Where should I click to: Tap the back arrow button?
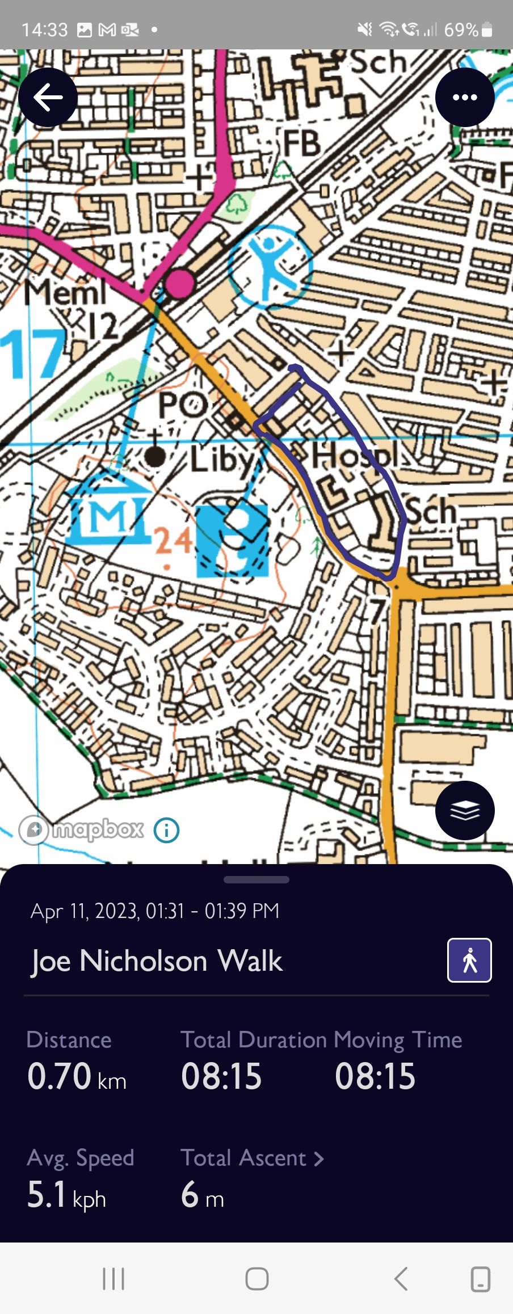pos(48,98)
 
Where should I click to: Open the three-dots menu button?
pos(465,98)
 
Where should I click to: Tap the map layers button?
pos(465,810)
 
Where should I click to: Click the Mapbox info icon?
pos(166,830)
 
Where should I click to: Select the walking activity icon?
pos(469,960)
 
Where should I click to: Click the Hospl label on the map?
pos(355,456)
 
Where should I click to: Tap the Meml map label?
pos(65,293)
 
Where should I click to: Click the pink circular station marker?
pos(179,283)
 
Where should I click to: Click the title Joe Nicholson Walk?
pos(157,961)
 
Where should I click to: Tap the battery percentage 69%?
pos(461,30)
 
